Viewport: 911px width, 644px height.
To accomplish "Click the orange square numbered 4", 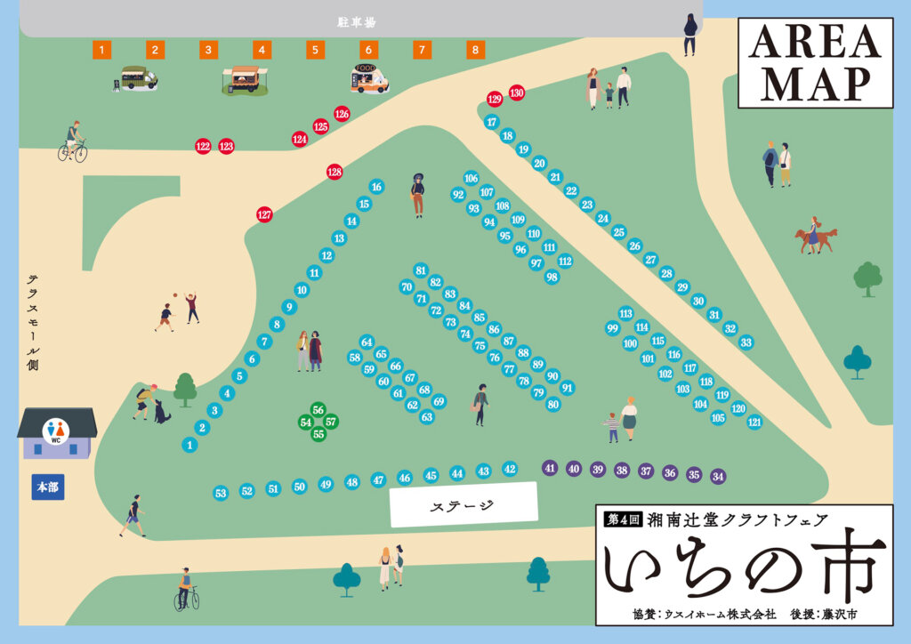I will [x=262, y=50].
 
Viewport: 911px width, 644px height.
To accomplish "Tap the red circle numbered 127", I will [x=264, y=214].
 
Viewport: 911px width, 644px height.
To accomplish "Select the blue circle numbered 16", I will [x=376, y=187].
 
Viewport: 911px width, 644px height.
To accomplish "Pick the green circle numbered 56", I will [x=318, y=409].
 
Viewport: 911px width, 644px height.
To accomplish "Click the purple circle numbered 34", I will [x=718, y=476].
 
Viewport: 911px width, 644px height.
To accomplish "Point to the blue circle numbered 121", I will [x=754, y=423].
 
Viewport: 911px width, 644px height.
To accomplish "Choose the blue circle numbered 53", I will [x=221, y=493].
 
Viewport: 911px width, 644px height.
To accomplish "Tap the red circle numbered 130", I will [x=516, y=93].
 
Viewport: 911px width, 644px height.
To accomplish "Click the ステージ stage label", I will [x=464, y=504].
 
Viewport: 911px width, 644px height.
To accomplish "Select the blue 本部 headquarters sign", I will [x=48, y=487].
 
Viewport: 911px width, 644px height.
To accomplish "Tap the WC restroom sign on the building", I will [x=55, y=432].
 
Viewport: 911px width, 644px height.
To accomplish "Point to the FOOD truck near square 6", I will [x=369, y=79].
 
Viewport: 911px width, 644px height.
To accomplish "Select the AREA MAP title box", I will [x=815, y=63].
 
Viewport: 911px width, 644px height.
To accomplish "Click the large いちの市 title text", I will [x=743, y=569].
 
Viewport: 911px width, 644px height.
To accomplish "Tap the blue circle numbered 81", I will [x=421, y=270].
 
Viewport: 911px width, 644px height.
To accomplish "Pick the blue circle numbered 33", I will [x=746, y=342].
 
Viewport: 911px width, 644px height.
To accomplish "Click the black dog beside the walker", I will [x=161, y=412].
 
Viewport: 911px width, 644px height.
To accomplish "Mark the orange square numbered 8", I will [x=476, y=50].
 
